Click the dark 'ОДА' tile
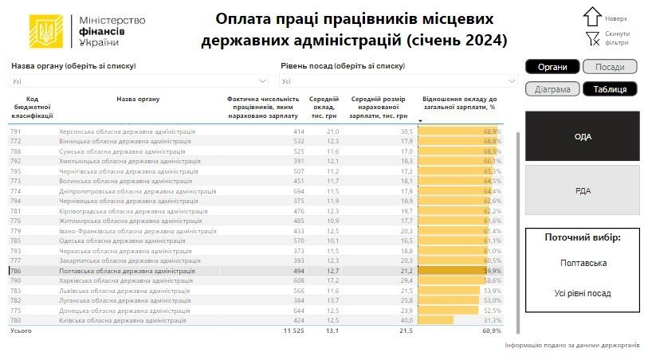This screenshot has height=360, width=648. pos(583,136)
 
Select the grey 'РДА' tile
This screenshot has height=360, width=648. pos(583,190)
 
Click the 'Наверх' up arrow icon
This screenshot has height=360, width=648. pos(592,16)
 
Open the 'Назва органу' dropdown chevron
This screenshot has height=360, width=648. pos(263,80)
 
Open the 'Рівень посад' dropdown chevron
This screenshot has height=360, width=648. pos(510,80)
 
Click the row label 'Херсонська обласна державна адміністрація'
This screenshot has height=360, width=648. pos(128,131)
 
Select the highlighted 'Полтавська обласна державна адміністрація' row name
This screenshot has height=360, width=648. pos(128,271)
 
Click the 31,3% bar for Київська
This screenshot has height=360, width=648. pos(436,320)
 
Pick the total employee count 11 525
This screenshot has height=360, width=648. pos(293,330)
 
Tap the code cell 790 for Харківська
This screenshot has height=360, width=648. pos(15,280)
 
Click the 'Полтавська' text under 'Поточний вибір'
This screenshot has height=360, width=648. pos(582,262)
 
